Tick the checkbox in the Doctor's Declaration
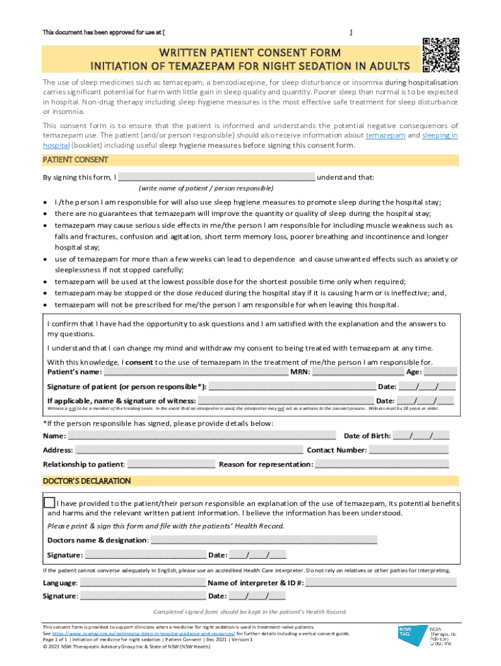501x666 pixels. [49, 503]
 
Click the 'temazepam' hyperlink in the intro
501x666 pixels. [385, 135]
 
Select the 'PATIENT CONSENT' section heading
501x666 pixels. [75, 160]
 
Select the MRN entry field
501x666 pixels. [357, 373]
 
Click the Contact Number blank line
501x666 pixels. [409, 451]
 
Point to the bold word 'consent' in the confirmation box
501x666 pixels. [139, 362]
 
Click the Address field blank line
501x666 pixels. [189, 451]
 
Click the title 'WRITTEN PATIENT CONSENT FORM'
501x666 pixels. [250, 53]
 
